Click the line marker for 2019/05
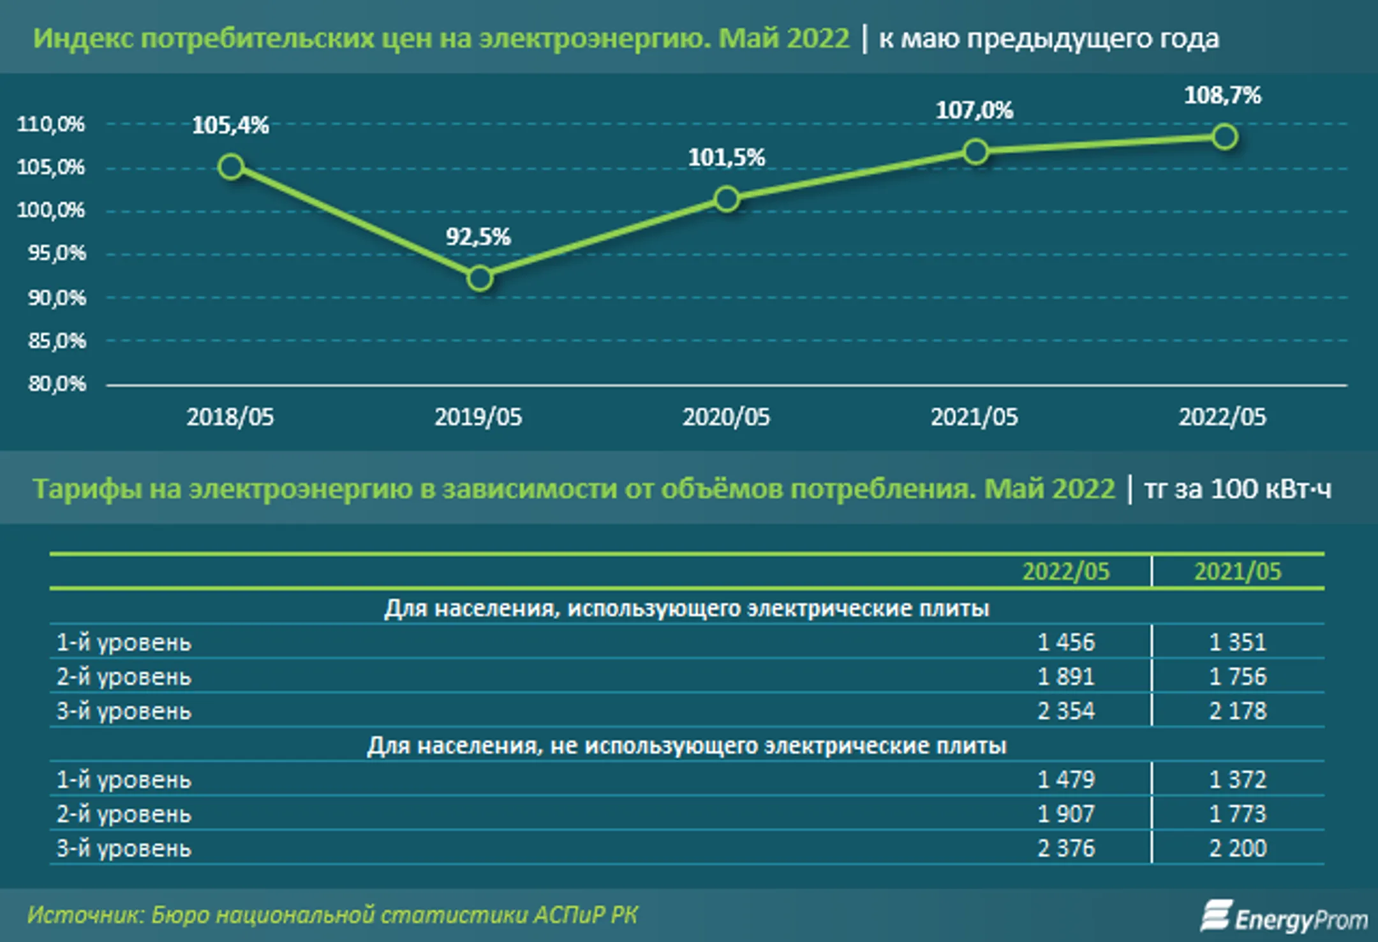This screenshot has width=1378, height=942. (479, 279)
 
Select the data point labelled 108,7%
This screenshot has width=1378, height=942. (1224, 137)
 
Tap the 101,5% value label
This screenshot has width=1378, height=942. (726, 158)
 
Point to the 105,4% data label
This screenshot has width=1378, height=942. (230, 126)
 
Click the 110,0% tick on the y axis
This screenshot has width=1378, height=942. (50, 124)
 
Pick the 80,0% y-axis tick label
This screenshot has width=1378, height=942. (56, 384)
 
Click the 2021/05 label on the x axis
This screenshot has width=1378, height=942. (974, 417)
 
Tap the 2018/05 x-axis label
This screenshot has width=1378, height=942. (230, 417)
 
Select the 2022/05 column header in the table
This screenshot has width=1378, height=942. (1066, 571)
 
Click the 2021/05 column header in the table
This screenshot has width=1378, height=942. (1238, 571)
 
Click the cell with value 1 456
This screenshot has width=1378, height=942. (1066, 642)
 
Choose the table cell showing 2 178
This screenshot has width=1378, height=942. (1238, 711)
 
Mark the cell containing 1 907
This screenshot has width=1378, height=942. (1066, 814)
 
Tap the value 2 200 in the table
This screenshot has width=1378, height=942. (1238, 848)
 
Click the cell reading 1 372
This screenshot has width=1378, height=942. (1238, 779)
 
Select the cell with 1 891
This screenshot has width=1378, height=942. (1066, 677)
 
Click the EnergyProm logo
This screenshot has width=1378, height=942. (1284, 917)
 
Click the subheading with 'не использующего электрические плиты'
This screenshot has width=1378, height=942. (686, 746)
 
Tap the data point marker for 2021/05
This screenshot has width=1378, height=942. (975, 152)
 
